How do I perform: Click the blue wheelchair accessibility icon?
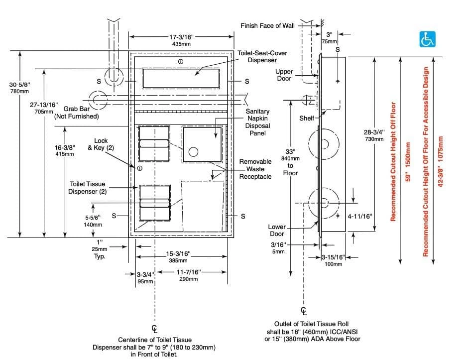(x=426, y=39)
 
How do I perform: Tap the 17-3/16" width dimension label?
(x=182, y=37)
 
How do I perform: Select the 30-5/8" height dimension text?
(x=19, y=88)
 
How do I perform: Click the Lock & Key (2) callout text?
(x=101, y=144)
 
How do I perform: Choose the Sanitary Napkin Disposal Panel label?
(x=258, y=122)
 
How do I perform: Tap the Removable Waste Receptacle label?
(x=256, y=169)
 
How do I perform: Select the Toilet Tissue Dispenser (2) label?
(x=87, y=188)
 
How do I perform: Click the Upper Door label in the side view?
(x=284, y=75)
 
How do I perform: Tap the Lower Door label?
(x=277, y=231)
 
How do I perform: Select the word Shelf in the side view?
(x=307, y=119)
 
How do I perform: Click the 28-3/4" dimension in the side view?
(x=374, y=135)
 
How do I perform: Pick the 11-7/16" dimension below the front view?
(x=189, y=275)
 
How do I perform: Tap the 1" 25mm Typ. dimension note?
(x=100, y=249)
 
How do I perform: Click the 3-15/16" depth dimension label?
(x=333, y=259)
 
